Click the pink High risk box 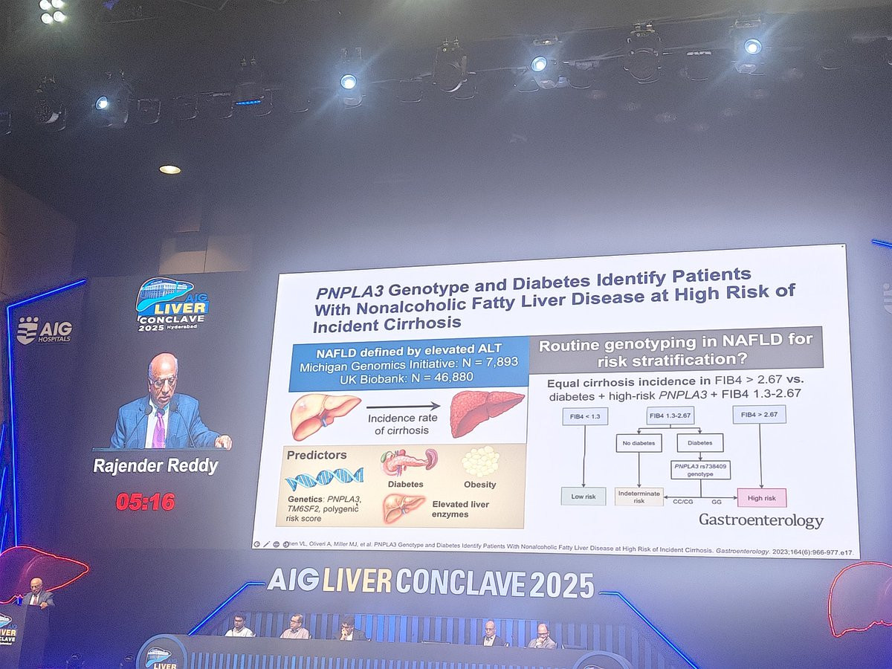click(760, 497)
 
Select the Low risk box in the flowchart click(583, 497)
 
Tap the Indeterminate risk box click(639, 497)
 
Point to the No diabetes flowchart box click(639, 443)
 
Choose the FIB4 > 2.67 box click(759, 414)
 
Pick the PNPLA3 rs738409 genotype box click(699, 470)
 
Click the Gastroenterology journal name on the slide click(760, 520)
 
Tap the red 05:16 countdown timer click(145, 502)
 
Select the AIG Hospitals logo click(45, 330)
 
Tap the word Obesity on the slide click(479, 485)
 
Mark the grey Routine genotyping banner click(676, 349)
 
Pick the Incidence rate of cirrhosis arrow click(404, 407)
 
